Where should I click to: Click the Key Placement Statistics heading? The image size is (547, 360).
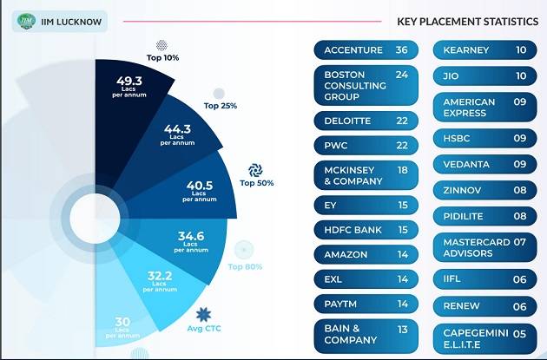point(467,22)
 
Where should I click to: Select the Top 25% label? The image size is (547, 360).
point(221,105)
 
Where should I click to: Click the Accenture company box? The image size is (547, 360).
point(365,50)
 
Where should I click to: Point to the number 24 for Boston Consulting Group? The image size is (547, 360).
point(401,75)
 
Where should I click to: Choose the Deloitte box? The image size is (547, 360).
point(365,121)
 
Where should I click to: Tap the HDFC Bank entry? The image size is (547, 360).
point(365,229)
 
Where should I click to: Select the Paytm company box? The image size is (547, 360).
point(365,304)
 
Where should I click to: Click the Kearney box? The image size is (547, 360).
point(484,50)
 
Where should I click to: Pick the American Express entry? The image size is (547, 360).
point(484,108)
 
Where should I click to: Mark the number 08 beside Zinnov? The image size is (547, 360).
point(520,189)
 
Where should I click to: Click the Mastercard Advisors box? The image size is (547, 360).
point(484,247)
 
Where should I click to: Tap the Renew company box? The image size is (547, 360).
point(484,306)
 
